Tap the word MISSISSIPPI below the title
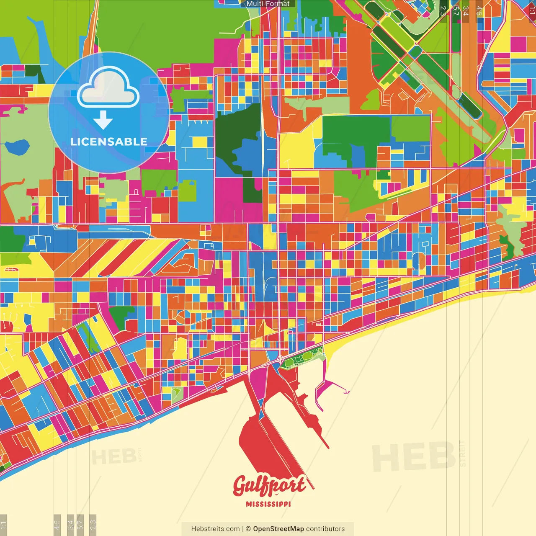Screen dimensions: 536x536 pos(268,504)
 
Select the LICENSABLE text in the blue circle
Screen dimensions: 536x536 pos(109,142)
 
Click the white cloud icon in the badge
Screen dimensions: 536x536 pos(108,87)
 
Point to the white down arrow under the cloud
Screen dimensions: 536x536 pos(103,120)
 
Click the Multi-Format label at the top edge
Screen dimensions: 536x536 pos(268,4)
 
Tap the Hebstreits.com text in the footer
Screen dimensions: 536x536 pos(215,529)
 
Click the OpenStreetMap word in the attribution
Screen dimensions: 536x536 pos(278,529)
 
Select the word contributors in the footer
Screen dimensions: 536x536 pos(325,529)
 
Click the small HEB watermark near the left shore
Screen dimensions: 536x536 pos(113,456)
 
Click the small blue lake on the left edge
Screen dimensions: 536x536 pos(17,147)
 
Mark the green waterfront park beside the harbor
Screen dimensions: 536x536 pos(302,358)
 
